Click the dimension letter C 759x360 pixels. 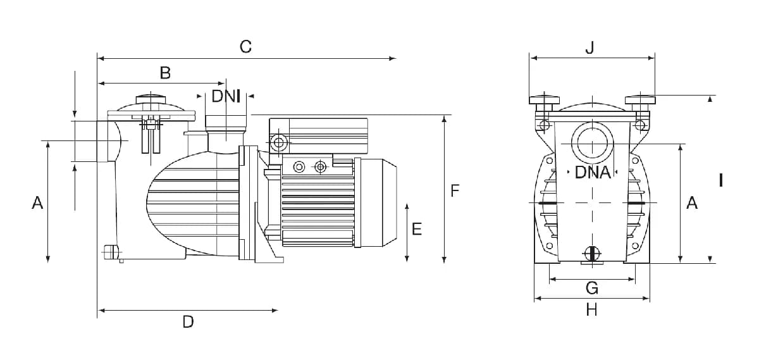245,46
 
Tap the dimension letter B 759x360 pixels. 165,73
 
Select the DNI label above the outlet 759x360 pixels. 226,96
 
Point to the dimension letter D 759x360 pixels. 188,321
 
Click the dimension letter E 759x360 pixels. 417,229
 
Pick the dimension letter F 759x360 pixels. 455,191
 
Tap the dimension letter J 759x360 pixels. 590,48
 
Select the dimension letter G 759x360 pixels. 592,288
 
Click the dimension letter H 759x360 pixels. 591,310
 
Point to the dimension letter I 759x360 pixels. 721,180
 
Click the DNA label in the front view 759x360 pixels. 593,173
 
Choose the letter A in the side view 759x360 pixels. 37,202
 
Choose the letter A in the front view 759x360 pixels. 692,202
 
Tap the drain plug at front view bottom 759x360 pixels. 592,254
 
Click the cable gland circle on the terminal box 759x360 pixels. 278,143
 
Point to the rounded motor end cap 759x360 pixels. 377,202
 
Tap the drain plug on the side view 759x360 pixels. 111,252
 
